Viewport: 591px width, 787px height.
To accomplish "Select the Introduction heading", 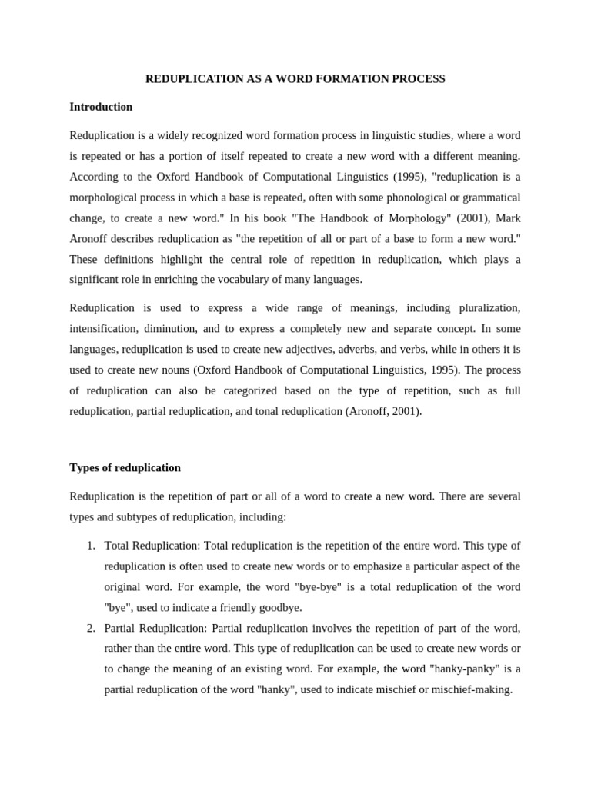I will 101,107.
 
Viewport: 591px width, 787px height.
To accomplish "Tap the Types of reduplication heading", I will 125,467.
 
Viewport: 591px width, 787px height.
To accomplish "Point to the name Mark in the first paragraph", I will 506,218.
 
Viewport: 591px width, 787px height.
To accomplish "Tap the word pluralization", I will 489,308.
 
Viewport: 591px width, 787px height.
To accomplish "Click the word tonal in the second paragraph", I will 266,411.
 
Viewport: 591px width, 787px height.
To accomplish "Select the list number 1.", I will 90,546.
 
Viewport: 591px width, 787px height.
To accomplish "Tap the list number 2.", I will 90,628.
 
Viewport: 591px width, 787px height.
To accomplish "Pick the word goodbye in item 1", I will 279,608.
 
